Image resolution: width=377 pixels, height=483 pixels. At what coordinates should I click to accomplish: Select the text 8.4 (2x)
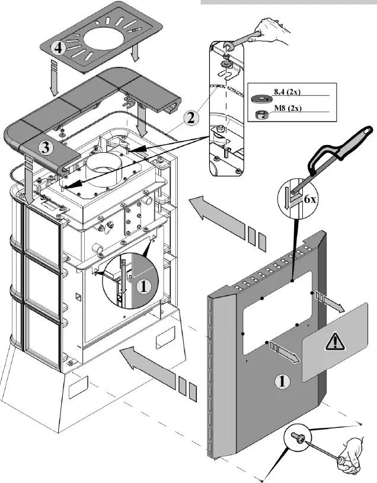click(288, 92)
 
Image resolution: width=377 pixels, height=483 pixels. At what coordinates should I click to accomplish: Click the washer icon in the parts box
click(260, 98)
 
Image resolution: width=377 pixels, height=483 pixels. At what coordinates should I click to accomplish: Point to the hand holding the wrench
click(271, 29)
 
